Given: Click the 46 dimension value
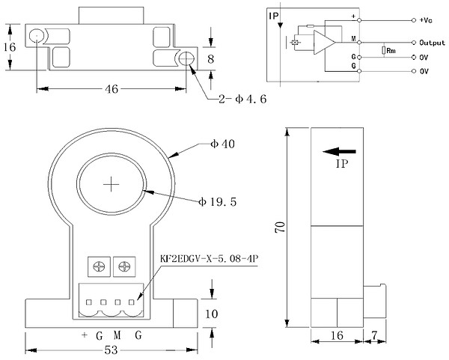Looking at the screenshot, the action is pos(112,89).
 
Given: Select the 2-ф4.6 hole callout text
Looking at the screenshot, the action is pos(242,99).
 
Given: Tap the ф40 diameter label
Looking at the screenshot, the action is pos(222,144).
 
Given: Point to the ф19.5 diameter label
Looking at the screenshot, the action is pos(218,202).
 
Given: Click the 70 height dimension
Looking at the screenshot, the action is pos(280,227).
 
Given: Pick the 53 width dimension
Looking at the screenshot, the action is pos(111,350).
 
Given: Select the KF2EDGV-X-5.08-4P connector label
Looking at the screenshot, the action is pos(210,259).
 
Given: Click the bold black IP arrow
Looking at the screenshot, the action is pos(339,151).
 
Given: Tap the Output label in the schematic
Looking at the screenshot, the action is pos(432,43).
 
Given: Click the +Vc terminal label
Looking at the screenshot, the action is pos(426,20).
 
